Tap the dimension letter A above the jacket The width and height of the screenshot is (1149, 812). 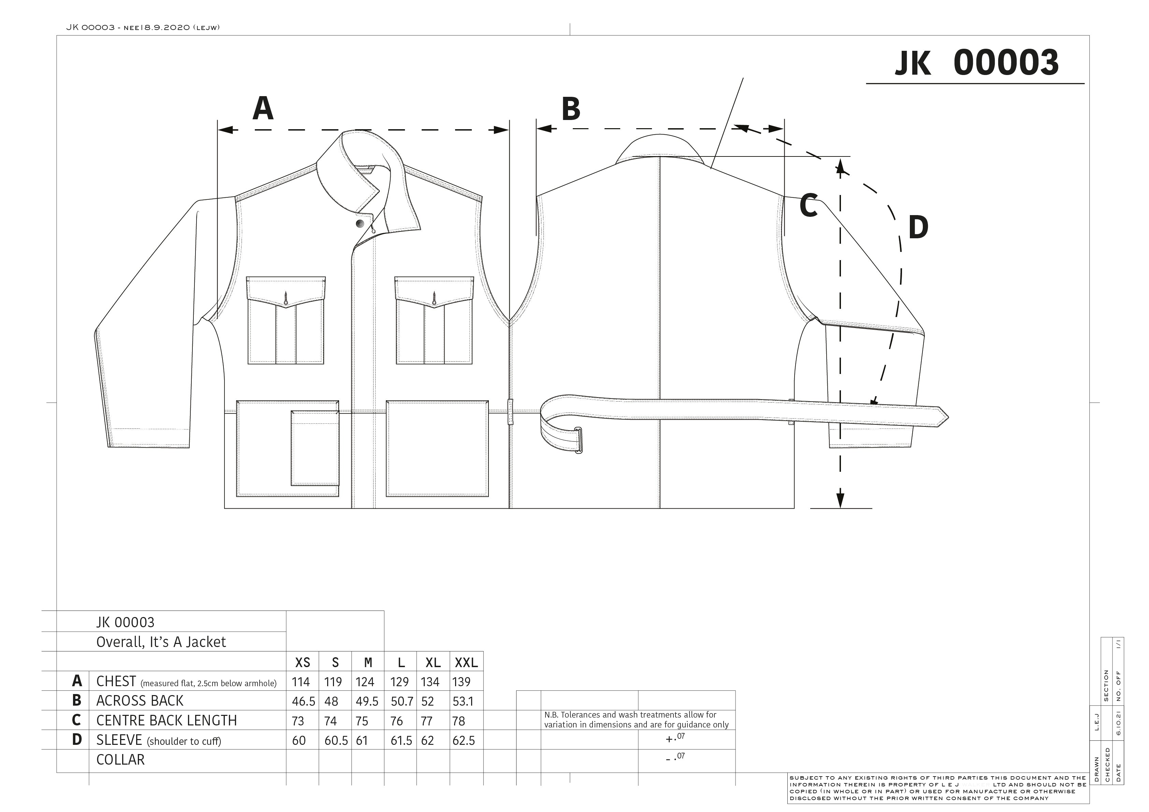point(263,108)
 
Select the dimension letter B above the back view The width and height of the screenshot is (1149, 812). point(571,109)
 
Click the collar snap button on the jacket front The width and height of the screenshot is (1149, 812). point(360,223)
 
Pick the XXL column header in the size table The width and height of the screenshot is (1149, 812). point(466,662)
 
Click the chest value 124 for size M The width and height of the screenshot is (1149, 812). point(365,682)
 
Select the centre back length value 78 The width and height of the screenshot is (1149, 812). point(459,721)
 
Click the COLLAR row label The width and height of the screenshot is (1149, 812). point(121,760)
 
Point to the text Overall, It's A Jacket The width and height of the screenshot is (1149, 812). point(161,642)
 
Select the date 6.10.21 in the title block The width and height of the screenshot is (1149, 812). point(1119,723)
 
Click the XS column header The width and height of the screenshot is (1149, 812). point(303,662)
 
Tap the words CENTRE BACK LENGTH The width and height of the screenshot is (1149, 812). point(166,721)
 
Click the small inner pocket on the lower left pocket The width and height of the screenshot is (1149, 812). point(315,448)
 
